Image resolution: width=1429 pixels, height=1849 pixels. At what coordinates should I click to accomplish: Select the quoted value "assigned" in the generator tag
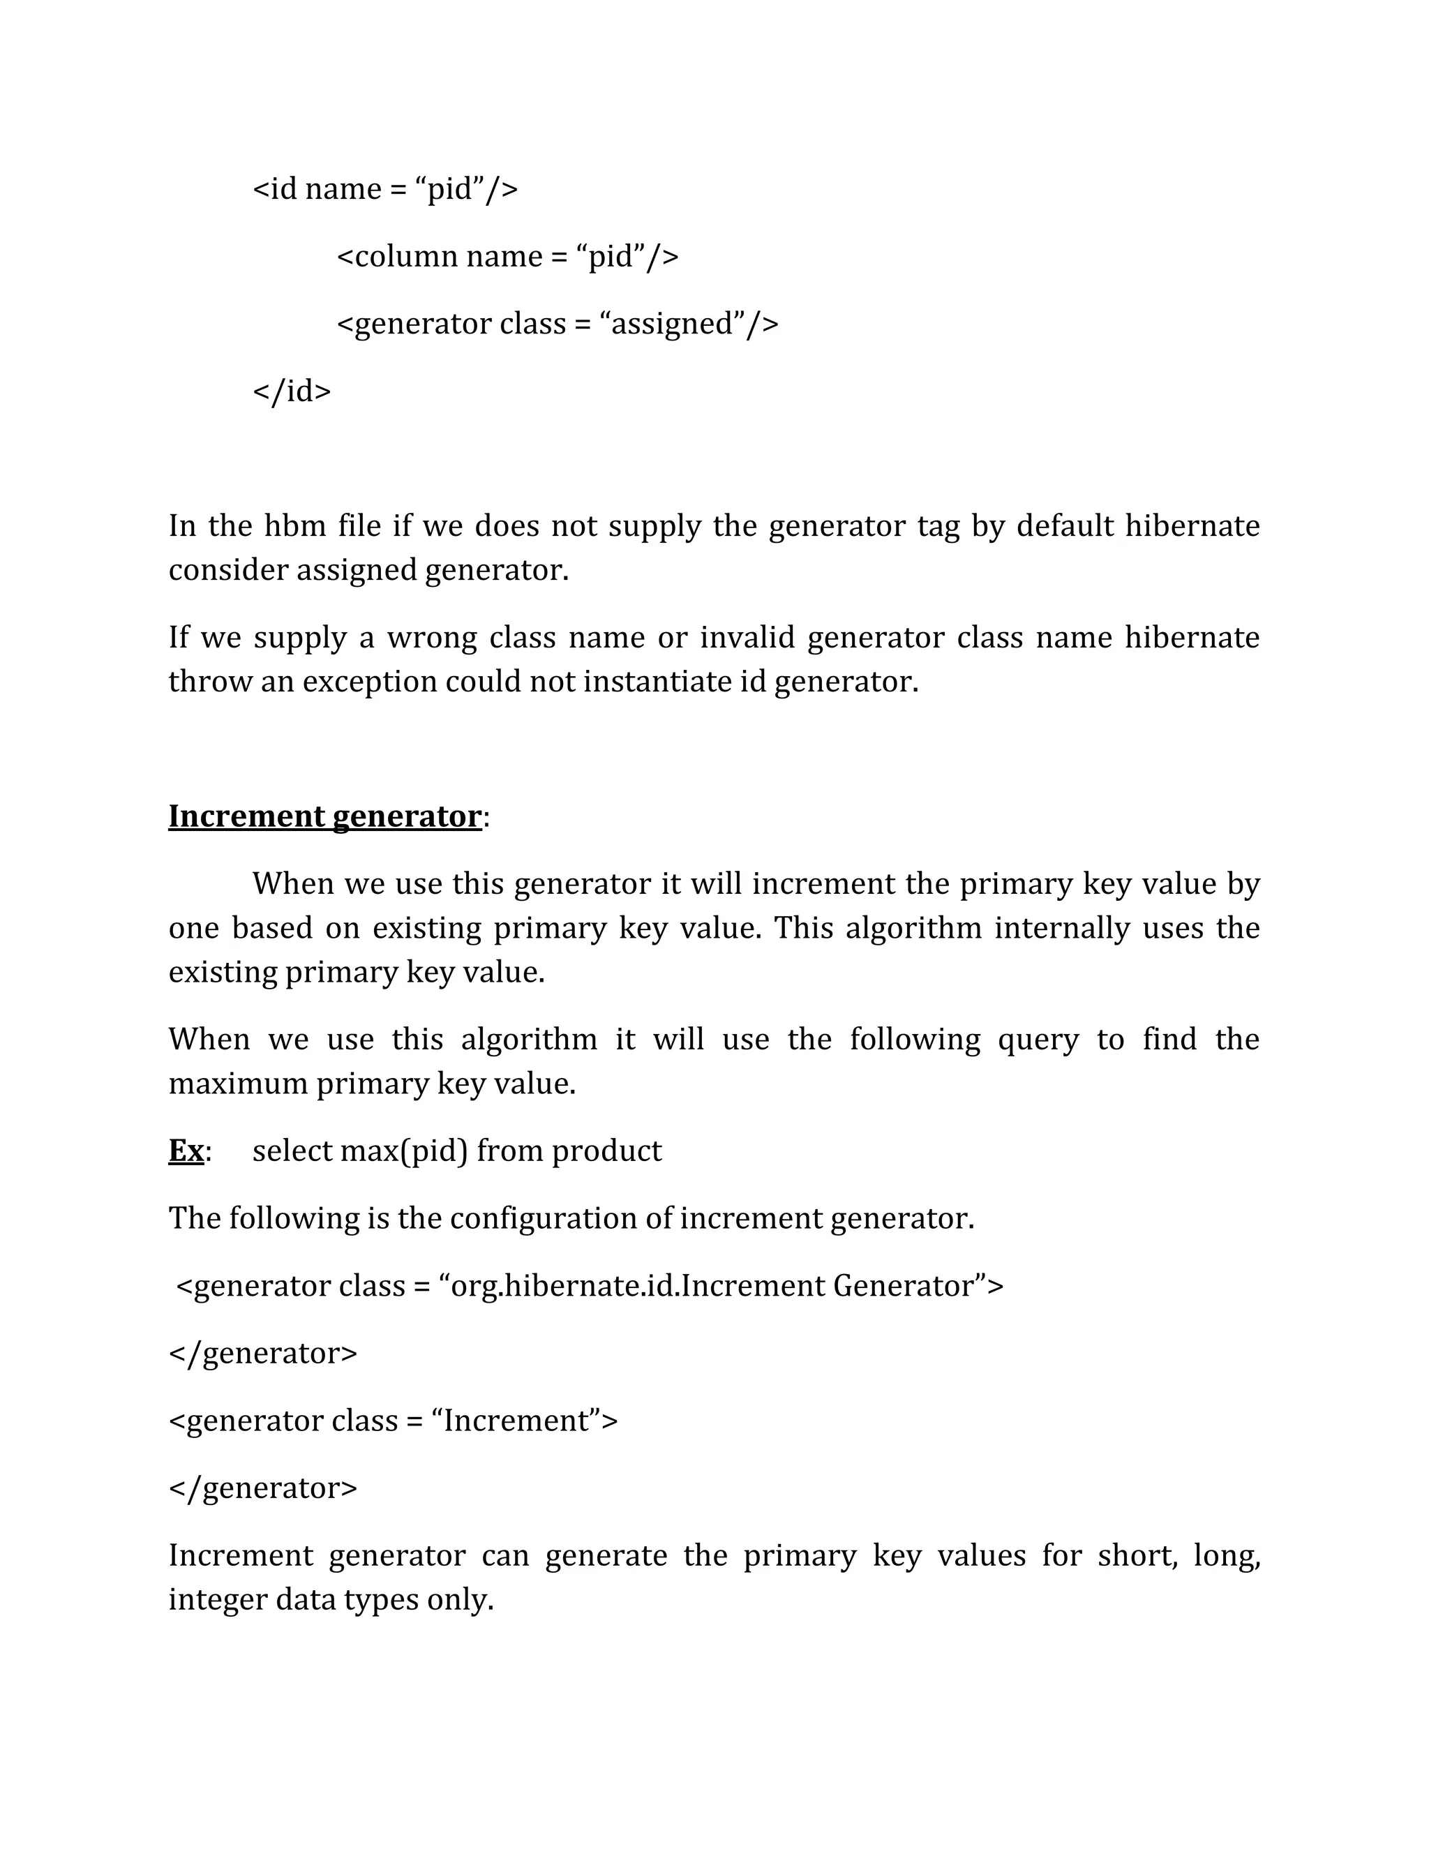(671, 324)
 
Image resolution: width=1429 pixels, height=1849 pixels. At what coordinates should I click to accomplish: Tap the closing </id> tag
(292, 391)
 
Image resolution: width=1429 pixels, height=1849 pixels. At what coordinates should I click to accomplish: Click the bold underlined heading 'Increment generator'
(325, 816)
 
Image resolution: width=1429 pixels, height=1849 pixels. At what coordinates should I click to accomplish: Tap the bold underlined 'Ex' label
(186, 1151)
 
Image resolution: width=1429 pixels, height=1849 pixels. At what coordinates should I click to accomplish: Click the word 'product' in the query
(606, 1151)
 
